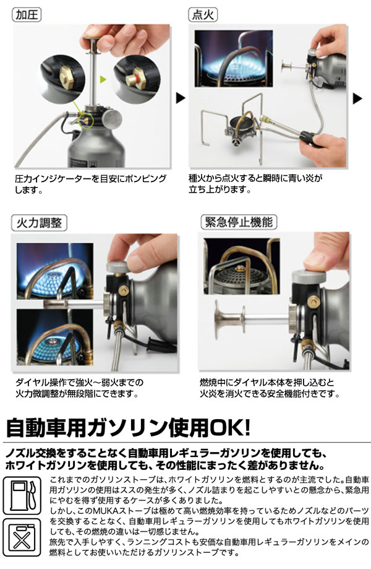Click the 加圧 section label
pos(27,14)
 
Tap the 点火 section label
pos(203,14)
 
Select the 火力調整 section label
pos(39,222)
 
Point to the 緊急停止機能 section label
pos(239,222)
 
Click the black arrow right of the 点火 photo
pos(357,98)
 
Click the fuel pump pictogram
pos(22,495)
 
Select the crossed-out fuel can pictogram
pos(22,537)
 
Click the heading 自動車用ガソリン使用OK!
pos(128,427)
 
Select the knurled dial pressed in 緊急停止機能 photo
pos(309,277)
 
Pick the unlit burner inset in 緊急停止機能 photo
pos(242,266)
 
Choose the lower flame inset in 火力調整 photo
pos(55,337)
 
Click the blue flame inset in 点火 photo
pos(234,58)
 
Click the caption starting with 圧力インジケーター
pos(90,184)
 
